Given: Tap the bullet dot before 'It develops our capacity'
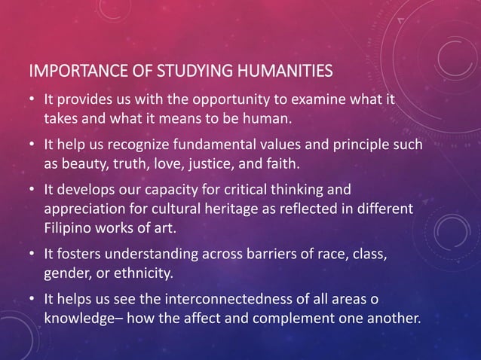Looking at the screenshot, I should [33, 188].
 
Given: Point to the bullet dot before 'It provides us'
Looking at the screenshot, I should [33, 101].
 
